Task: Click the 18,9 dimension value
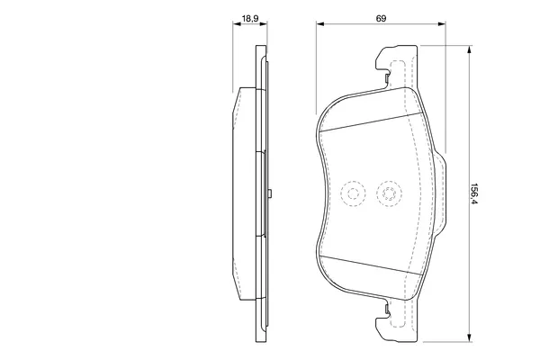[x=249, y=18]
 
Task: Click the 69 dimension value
[x=381, y=18]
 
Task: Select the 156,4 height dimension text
[x=475, y=193]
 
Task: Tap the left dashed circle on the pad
[x=353, y=193]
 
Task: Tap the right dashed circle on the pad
[x=389, y=193]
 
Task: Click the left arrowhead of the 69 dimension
[x=320, y=23]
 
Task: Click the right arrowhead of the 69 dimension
[x=442, y=23]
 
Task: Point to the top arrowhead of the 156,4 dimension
[x=469, y=50]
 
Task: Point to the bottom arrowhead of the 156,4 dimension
[x=469, y=338]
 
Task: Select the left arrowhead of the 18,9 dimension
[x=238, y=23]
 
